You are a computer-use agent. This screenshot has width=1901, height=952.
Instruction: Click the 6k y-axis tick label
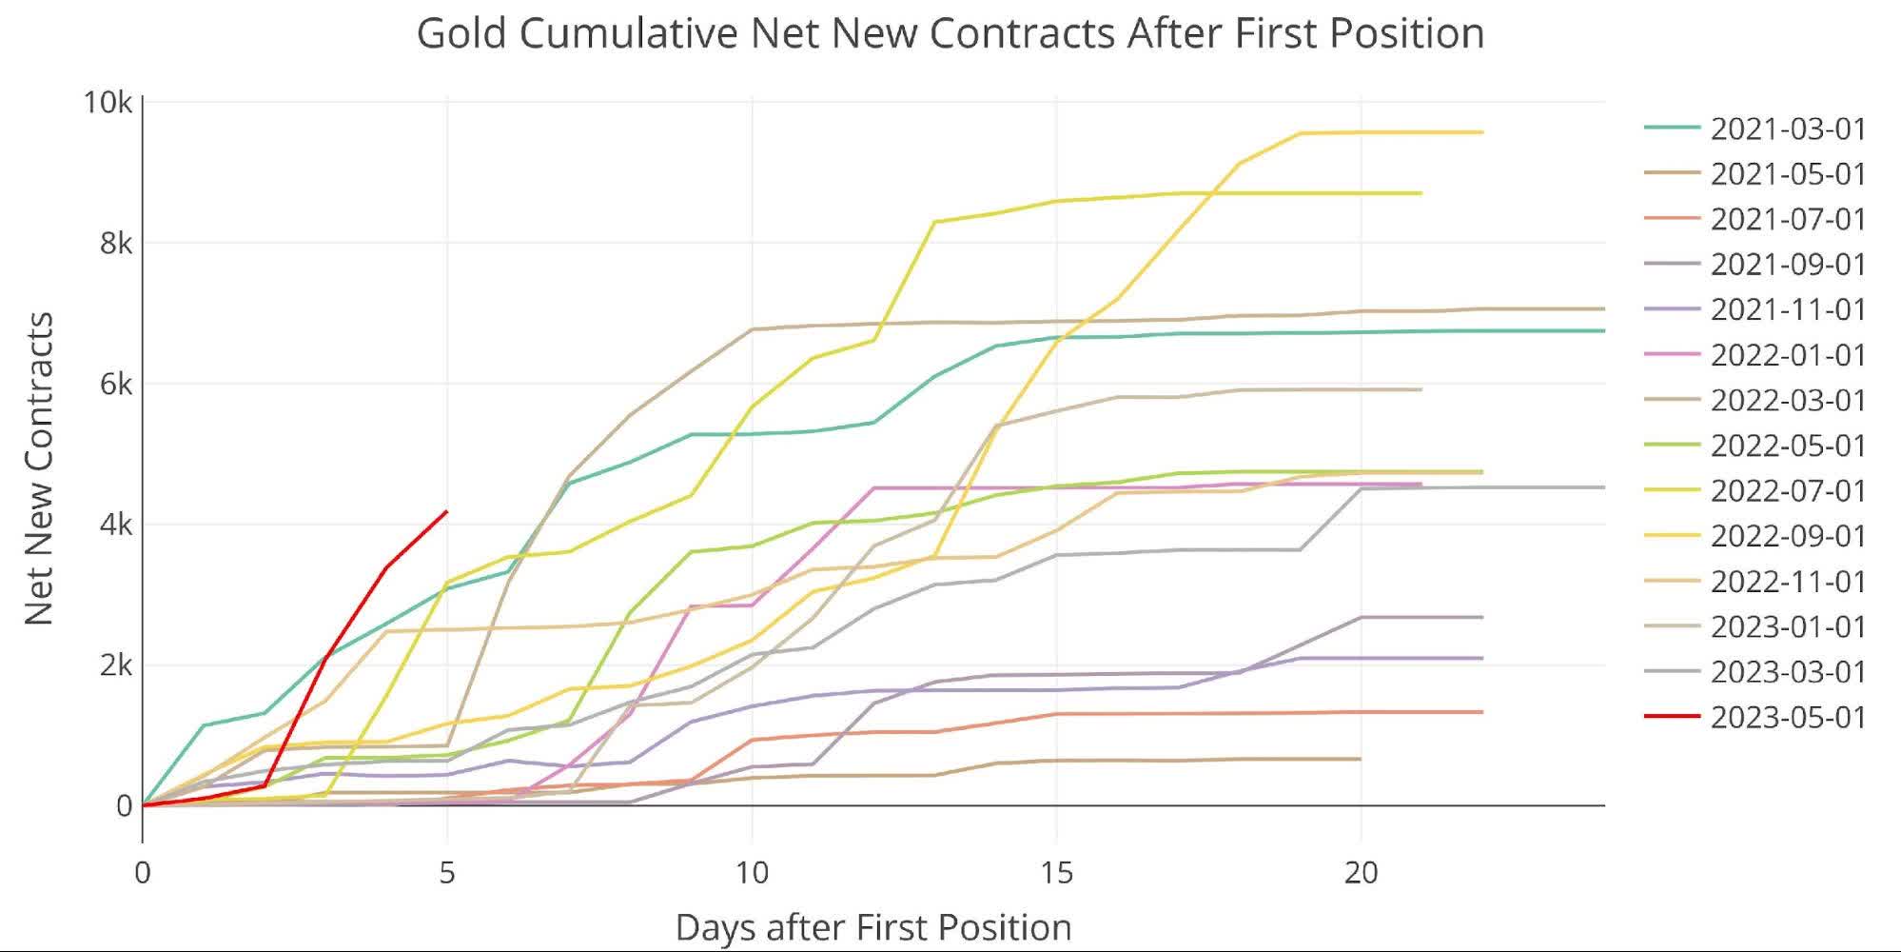pos(114,384)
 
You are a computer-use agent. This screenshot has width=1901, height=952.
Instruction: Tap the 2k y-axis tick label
pos(114,665)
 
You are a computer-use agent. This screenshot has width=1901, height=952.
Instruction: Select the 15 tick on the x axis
pos(1056,872)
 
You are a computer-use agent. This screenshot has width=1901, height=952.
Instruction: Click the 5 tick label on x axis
pos(447,872)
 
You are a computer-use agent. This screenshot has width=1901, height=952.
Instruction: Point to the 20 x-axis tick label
pos(1361,872)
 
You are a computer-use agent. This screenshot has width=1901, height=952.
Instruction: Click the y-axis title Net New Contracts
pos(39,468)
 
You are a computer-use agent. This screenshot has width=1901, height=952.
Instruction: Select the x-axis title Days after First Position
pos(873,926)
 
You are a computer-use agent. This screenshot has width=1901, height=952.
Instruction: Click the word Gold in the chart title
pos(461,33)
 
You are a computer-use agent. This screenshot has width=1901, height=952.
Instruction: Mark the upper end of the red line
pos(447,511)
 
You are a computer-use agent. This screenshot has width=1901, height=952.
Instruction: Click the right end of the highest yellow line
pos(1482,132)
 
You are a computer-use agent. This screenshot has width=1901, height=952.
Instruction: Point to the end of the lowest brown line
pos(1360,759)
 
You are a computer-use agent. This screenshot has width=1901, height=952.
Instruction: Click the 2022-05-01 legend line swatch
pos(1672,445)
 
